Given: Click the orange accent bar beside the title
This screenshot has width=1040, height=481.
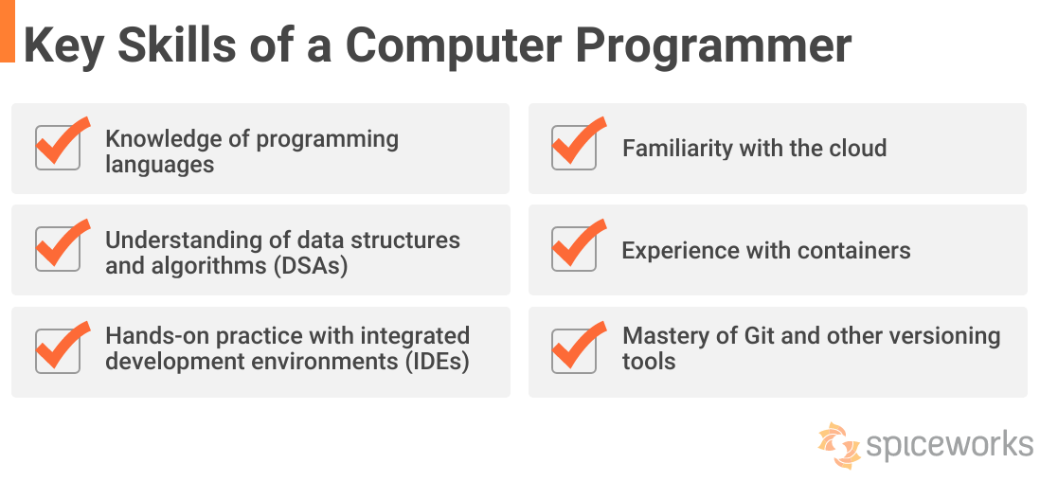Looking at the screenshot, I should coord(7,31).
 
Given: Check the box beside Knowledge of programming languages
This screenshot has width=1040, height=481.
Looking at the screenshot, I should coord(57,148).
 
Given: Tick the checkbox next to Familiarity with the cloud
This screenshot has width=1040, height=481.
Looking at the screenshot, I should coord(574,148).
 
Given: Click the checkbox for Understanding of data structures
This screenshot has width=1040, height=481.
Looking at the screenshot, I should coord(57,249).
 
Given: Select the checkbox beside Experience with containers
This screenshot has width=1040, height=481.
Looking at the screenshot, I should coord(574,249).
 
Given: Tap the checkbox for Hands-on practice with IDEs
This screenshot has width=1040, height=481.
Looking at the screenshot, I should coord(57,351).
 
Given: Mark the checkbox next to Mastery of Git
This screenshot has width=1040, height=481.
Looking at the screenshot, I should coord(574,351).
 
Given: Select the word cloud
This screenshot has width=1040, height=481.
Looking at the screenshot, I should coord(855,149).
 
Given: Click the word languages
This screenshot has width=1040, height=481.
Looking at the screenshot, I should coord(159,165).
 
